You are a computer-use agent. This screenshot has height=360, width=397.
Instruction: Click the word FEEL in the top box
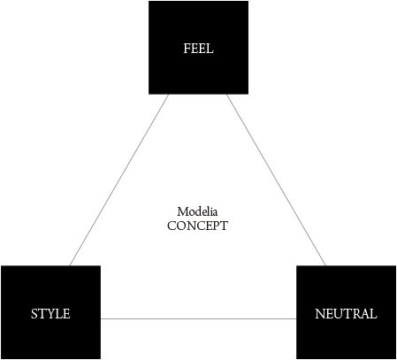pyautogui.click(x=198, y=49)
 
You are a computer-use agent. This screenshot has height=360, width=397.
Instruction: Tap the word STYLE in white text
pyautogui.click(x=50, y=313)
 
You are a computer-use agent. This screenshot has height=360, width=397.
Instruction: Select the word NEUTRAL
pyautogui.click(x=346, y=313)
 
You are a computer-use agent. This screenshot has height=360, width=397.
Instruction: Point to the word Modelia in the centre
pyautogui.click(x=197, y=211)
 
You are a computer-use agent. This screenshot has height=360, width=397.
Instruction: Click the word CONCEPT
pyautogui.click(x=197, y=226)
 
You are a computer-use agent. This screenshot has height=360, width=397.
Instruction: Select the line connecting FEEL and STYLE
pyautogui.click(x=119, y=180)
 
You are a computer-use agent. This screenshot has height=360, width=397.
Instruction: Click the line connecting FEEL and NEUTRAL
pyautogui.click(x=276, y=180)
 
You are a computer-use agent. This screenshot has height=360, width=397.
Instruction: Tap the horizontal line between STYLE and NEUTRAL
pyautogui.click(x=198, y=318)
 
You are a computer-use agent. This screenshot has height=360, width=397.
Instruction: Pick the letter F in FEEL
pyautogui.click(x=187, y=49)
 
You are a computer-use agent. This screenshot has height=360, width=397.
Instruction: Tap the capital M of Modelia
pyautogui.click(x=182, y=211)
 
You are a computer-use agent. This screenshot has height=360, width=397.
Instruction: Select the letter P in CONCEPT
pyautogui.click(x=216, y=226)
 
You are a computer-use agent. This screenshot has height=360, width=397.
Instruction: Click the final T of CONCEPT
pyautogui.click(x=224, y=226)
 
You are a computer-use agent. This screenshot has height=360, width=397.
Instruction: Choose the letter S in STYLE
pyautogui.click(x=34, y=313)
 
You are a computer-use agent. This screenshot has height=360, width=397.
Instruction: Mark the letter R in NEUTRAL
pyautogui.click(x=359, y=313)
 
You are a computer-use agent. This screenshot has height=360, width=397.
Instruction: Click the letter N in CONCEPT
pyautogui.click(x=191, y=226)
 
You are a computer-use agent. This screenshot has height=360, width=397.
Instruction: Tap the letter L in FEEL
pyautogui.click(x=210, y=49)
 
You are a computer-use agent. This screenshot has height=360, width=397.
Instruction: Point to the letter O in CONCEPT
pyautogui.click(x=181, y=226)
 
